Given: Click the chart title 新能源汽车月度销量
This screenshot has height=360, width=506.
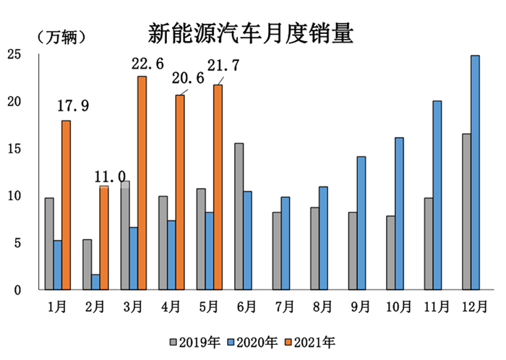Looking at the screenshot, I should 251,33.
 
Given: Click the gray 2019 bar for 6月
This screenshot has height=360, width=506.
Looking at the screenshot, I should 239,216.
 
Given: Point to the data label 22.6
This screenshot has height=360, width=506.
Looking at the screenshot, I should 149,65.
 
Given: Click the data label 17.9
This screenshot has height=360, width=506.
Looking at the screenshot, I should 73,106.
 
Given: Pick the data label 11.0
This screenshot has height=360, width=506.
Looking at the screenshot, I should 110,176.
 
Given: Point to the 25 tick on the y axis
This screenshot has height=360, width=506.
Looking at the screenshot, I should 13,54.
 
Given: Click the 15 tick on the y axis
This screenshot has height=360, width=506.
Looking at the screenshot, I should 13,149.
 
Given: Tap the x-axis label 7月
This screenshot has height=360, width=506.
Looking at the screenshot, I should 283,307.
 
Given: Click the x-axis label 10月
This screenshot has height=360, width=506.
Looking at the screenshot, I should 397,307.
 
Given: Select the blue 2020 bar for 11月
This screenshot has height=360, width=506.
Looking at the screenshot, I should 437,195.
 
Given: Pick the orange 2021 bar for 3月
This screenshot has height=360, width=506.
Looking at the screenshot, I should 142,183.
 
